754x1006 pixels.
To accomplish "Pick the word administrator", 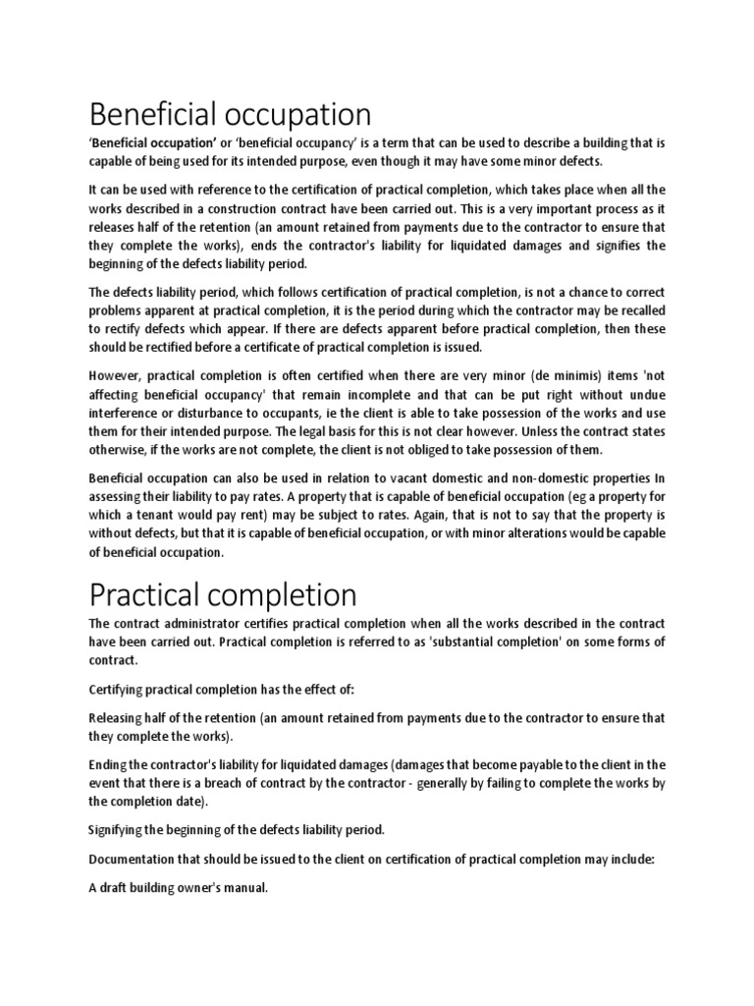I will click(200, 624).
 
